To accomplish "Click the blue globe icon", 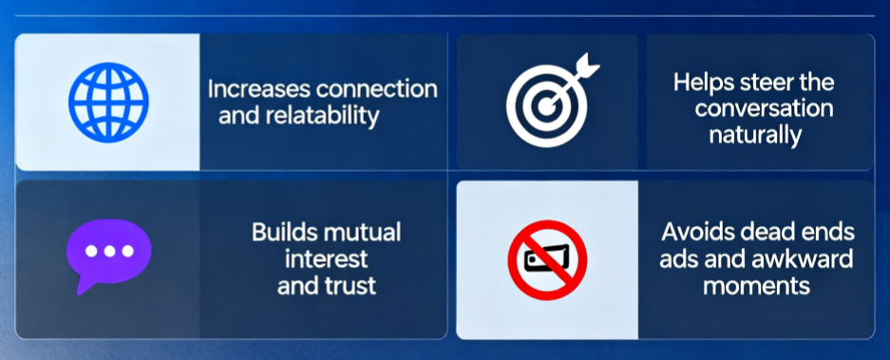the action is click(108, 103).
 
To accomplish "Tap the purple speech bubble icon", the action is click(108, 256).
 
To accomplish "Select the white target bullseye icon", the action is click(545, 106).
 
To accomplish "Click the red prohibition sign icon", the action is click(547, 260).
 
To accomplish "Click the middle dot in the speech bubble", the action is click(109, 251).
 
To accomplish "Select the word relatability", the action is click(321, 117).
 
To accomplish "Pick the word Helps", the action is click(702, 83).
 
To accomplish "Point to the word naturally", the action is click(755, 135).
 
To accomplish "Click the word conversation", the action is click(764, 108).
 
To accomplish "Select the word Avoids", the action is click(694, 233).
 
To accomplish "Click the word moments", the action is click(757, 286).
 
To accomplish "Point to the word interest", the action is click(327, 259).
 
